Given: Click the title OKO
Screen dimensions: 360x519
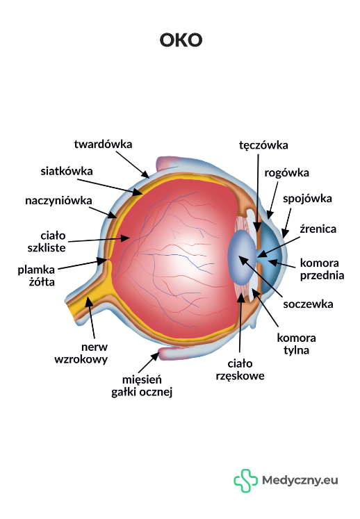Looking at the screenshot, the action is [x=181, y=40].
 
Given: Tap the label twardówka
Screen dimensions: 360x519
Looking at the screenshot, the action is [x=103, y=145].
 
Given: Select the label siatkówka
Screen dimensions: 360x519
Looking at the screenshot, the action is [x=67, y=171].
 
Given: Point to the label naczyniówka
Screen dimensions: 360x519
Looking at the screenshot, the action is [x=58, y=201].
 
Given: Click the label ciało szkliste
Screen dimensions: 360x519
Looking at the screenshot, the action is [x=47, y=242].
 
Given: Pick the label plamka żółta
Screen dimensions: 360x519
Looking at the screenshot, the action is [x=36, y=276].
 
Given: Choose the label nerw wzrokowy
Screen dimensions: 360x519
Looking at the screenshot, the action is [x=81, y=353].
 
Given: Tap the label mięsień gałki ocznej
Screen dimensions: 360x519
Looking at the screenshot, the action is [x=142, y=386].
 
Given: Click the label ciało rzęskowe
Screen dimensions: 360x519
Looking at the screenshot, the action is [x=240, y=370].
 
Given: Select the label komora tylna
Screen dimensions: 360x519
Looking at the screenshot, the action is [x=297, y=344].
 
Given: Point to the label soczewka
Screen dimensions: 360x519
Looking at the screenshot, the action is [x=308, y=304].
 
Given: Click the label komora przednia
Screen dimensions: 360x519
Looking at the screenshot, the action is [x=322, y=269].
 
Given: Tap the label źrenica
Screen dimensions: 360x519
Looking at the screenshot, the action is [x=318, y=229].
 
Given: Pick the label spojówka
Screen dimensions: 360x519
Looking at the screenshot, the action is [x=307, y=199].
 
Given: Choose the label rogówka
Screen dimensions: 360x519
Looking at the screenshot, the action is [x=287, y=173].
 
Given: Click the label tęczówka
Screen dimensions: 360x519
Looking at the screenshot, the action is [x=263, y=145].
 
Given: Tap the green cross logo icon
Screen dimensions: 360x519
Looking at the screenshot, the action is [x=245, y=481].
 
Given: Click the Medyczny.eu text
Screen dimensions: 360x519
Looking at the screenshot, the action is [x=300, y=480].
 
